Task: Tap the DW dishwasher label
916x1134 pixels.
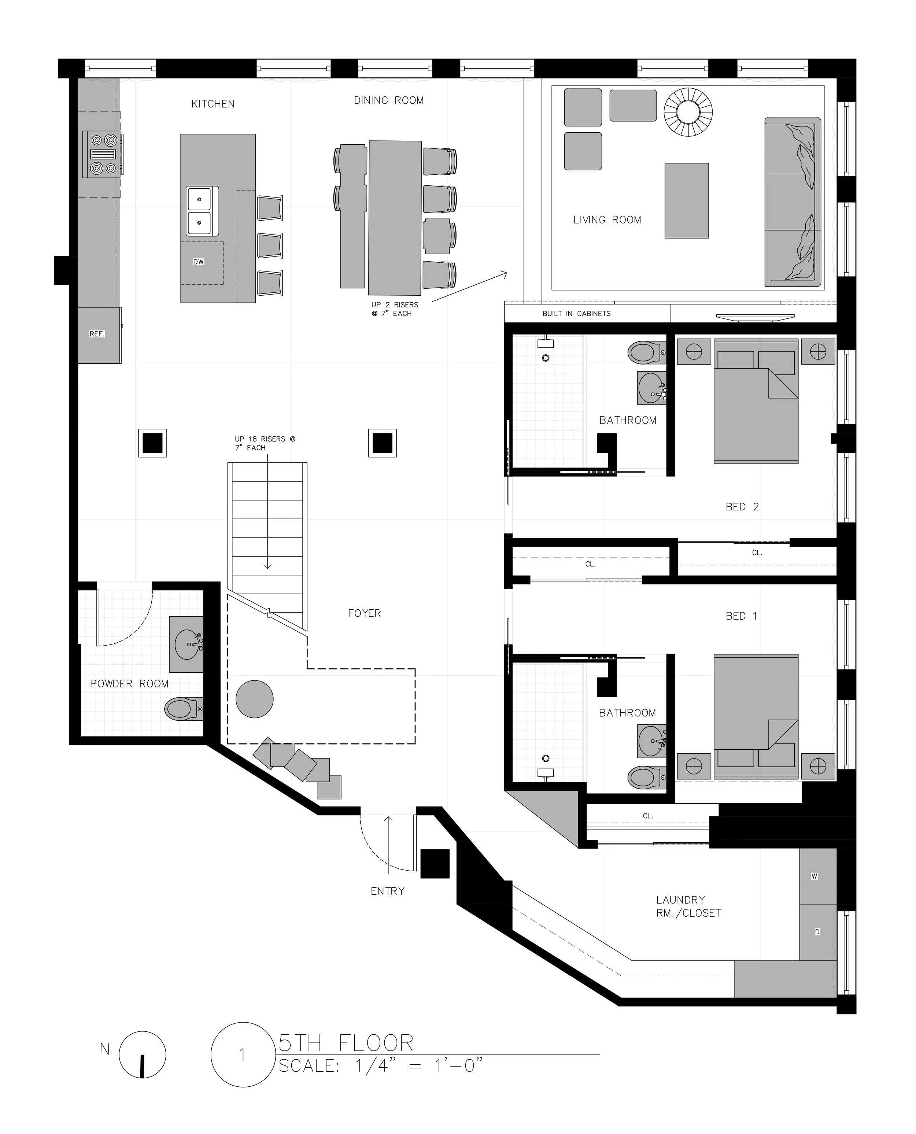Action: (x=198, y=262)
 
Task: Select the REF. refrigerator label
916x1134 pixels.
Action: (x=97, y=334)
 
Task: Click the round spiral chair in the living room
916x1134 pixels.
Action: (x=688, y=112)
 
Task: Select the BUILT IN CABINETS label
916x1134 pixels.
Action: (x=576, y=313)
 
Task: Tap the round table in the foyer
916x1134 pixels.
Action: (x=254, y=699)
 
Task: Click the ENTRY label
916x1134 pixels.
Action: (x=387, y=891)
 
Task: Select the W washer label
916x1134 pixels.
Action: (x=814, y=876)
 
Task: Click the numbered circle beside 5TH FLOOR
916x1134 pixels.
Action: (x=242, y=1055)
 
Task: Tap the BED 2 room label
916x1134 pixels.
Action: (x=742, y=507)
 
